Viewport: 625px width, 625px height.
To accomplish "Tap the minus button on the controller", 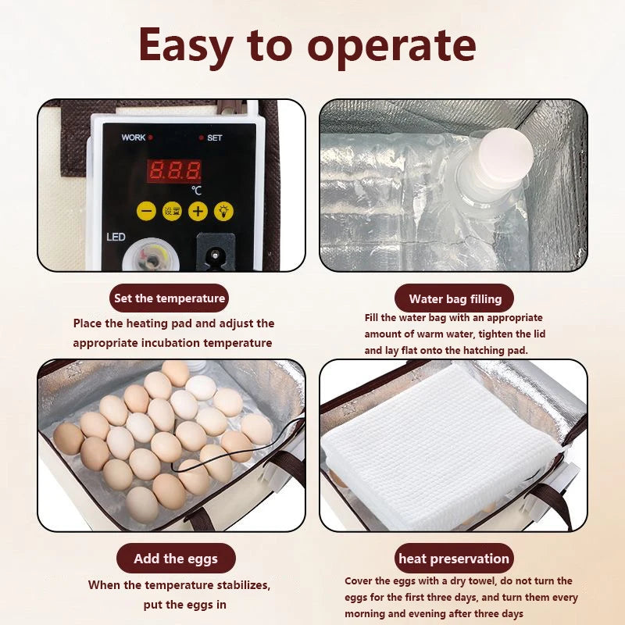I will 146,211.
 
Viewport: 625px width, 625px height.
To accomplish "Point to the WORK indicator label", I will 134,137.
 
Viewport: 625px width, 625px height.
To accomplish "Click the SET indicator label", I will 214,137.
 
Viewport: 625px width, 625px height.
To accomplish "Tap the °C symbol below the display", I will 196,189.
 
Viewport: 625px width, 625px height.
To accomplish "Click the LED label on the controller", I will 116,237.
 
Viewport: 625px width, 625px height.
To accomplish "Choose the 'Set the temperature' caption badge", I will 170,298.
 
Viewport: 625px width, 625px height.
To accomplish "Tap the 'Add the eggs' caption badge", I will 176,559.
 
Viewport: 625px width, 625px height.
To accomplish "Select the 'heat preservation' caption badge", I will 454,559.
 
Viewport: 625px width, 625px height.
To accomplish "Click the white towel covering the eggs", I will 442,445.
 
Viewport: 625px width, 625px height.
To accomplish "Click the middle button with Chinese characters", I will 172,211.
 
